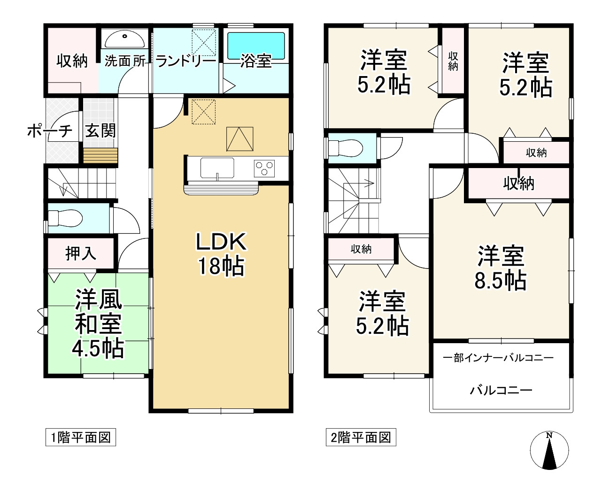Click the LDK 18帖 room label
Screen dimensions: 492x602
tap(221, 254)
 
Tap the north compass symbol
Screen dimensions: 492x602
tap(549, 451)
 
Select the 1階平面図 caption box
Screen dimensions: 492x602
tap(80, 438)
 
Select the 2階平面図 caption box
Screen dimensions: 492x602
tap(361, 438)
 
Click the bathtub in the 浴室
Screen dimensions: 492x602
tap(256, 46)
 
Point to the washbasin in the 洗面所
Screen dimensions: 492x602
tap(125, 38)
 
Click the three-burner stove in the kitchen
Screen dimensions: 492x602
tap(264, 168)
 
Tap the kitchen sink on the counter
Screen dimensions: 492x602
tap(217, 168)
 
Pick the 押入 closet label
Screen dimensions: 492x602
tap(81, 254)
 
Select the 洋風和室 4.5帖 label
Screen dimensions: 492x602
tap(98, 324)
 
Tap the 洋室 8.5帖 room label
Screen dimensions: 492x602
tap(501, 268)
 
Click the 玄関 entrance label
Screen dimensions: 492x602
tap(100, 131)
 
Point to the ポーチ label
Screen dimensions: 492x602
tap(49, 131)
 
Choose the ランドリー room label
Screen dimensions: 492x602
tap(185, 61)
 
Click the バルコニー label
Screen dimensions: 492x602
tap(501, 390)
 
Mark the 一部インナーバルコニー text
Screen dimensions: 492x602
tap(498, 358)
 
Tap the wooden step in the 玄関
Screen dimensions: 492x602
tap(100, 155)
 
